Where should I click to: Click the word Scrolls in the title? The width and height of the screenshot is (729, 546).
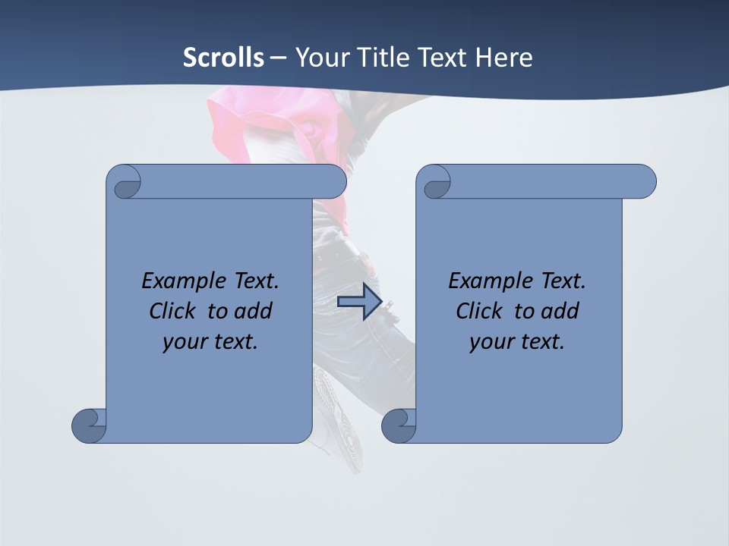pos(223,57)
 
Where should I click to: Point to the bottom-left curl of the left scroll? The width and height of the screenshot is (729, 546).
pos(89,425)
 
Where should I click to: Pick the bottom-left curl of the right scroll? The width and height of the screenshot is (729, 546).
pos(399,425)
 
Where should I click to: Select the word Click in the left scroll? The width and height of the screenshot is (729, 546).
pos(175,311)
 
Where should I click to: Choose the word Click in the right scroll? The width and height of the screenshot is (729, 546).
pos(480,311)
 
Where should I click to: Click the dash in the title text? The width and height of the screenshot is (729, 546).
pos(278,57)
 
